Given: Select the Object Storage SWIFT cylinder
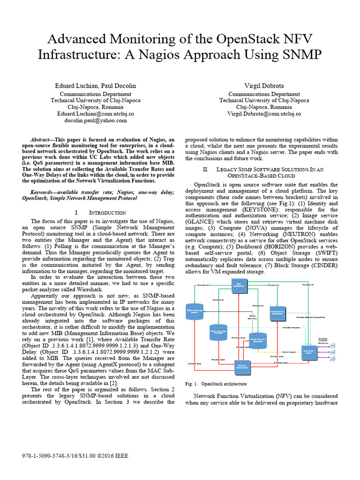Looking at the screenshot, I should point(194,312).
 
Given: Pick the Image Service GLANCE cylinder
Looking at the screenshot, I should point(258,340).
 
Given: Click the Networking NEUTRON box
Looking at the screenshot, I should point(277,313).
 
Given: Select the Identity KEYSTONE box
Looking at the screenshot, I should point(242,367).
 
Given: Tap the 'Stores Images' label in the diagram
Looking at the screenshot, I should point(288,351).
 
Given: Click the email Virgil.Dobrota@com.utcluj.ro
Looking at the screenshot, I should point(264,114).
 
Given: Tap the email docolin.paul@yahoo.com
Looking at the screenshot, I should point(95,120).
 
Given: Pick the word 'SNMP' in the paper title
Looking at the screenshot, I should point(298,54).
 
